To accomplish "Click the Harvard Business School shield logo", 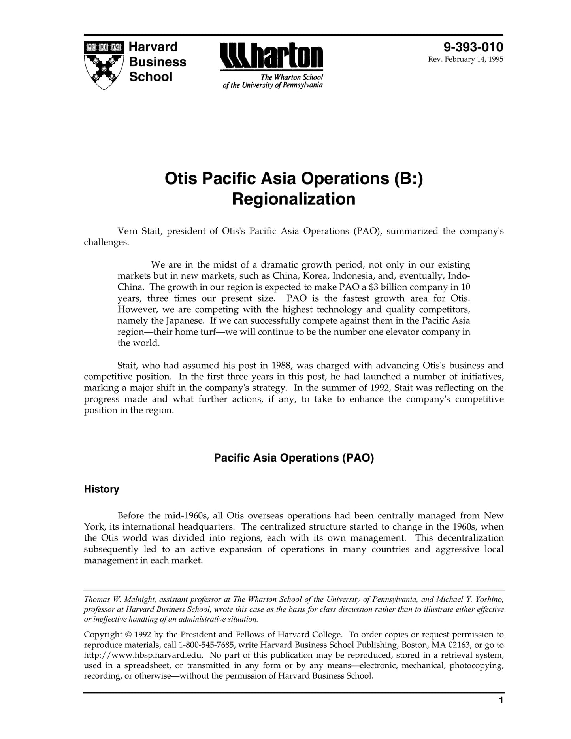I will [x=104, y=65].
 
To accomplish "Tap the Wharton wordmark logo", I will [x=271, y=57].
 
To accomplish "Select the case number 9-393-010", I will [x=473, y=47].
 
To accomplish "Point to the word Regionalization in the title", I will [x=294, y=199].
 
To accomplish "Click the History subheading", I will [x=102, y=489].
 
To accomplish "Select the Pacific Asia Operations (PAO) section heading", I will [x=294, y=458].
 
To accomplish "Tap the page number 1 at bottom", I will [x=501, y=701].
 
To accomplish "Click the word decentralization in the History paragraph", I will [x=470, y=538].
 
